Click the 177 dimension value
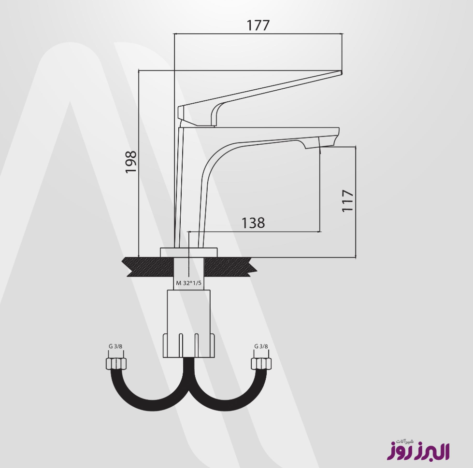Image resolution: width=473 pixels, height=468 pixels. coord(258,25)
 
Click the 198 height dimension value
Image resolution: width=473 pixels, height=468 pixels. coord(131,162)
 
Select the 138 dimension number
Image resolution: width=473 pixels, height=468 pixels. coord(253,223)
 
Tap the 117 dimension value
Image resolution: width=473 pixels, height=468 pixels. coord(347,201)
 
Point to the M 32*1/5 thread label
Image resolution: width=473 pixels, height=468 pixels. coord(188,283)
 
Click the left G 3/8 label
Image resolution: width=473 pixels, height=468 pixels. coord(115,346)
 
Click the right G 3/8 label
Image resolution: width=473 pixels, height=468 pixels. coord(261,346)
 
